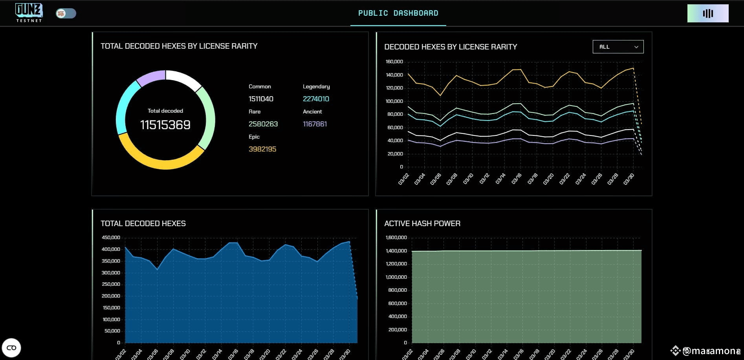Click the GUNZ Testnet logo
[x=29, y=13]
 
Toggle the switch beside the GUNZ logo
[x=66, y=13]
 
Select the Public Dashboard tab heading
[x=398, y=13]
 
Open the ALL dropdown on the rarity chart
[x=618, y=47]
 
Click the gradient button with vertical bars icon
[x=708, y=13]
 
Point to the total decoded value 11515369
[x=165, y=125]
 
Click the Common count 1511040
[x=261, y=99]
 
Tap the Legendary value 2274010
[x=316, y=99]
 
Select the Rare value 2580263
[x=263, y=124]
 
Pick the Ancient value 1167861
[x=315, y=124]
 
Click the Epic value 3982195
[x=262, y=149]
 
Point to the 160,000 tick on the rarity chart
[x=394, y=62]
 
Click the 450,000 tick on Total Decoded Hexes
[x=111, y=238]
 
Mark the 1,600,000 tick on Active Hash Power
[x=396, y=238]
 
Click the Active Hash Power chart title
[x=422, y=223]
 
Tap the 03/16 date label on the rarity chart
[x=516, y=179]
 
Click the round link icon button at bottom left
[x=11, y=348]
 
